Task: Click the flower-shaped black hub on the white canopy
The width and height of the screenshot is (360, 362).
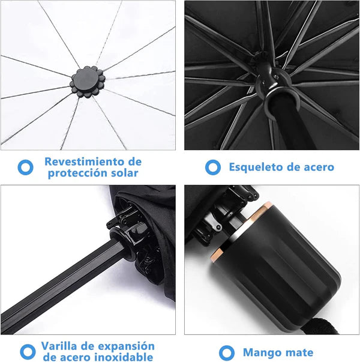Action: [x=88, y=82]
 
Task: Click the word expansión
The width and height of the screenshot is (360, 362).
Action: [x=126, y=346]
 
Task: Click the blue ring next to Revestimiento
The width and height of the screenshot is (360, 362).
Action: [x=25, y=167]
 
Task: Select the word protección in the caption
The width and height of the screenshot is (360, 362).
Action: [x=74, y=173]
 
